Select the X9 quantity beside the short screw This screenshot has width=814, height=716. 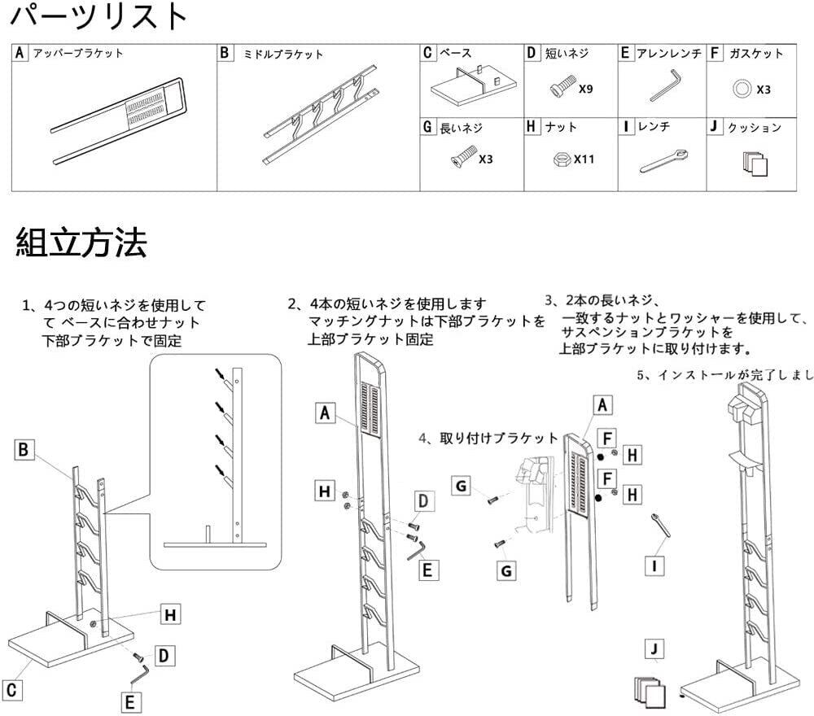tap(585, 89)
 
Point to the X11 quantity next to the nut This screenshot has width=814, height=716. tap(584, 159)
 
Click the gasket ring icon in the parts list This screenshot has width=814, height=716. tap(741, 88)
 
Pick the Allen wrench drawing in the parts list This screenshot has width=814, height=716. tap(664, 85)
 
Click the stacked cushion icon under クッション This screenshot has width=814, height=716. tap(755, 164)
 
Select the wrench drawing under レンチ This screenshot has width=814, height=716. tap(663, 159)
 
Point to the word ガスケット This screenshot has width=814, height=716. tap(756, 54)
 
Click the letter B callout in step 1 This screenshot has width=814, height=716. tap(24, 449)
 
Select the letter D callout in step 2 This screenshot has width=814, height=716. tap(424, 500)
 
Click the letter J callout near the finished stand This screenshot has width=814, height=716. tap(653, 649)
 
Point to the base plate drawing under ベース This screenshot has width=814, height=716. tap(470, 88)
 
